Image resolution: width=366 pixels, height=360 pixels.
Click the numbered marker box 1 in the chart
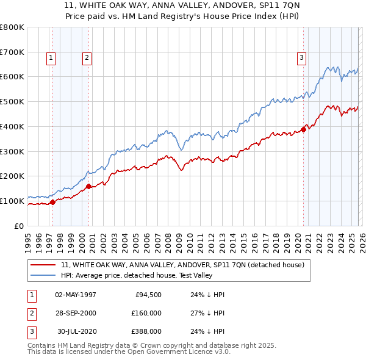[50, 58]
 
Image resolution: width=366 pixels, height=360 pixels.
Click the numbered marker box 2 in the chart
[87, 58]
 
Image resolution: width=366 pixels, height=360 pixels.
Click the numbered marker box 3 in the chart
[301, 58]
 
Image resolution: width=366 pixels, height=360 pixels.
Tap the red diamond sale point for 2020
[303, 129]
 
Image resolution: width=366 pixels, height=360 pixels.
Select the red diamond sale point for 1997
[52, 202]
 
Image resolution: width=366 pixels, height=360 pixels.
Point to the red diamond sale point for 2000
[89, 186]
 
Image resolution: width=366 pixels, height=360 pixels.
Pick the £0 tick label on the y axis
[20, 226]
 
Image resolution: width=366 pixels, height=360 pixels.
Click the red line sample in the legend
[43, 265]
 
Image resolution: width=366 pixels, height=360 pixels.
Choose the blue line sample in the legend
[43, 275]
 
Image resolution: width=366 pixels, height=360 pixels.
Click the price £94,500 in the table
[146, 295]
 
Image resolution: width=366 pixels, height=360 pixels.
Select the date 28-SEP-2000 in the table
[76, 313]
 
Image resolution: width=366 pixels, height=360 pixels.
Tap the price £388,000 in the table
[146, 331]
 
